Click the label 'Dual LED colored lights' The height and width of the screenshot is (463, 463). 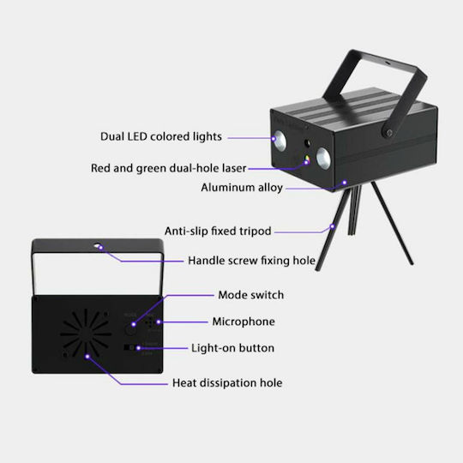click(x=161, y=136)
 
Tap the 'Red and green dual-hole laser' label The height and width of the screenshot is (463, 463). click(x=168, y=168)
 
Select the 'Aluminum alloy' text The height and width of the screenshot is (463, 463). click(x=242, y=188)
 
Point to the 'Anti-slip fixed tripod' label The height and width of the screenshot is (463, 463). click(x=218, y=231)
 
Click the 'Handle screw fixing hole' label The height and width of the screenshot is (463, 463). click(x=251, y=261)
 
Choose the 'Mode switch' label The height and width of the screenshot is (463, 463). click(x=251, y=295)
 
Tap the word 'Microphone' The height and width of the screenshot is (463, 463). click(x=244, y=322)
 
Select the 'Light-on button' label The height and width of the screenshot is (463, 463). click(x=232, y=348)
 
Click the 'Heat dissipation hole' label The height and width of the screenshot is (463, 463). click(x=227, y=382)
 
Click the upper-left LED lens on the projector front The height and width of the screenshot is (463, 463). click(x=280, y=141)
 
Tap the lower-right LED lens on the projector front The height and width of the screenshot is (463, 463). click(x=323, y=158)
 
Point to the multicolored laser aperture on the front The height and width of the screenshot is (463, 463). click(x=307, y=161)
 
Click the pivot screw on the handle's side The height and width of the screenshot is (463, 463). click(x=389, y=132)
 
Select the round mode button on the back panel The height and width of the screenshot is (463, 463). click(x=130, y=328)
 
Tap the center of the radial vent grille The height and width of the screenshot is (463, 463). click(x=86, y=334)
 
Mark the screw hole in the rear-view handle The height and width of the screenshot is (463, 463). click(x=98, y=245)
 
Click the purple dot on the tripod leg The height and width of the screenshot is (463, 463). click(x=333, y=226)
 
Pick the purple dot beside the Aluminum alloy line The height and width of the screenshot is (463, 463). click(x=345, y=183)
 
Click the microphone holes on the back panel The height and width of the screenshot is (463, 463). click(x=150, y=322)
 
